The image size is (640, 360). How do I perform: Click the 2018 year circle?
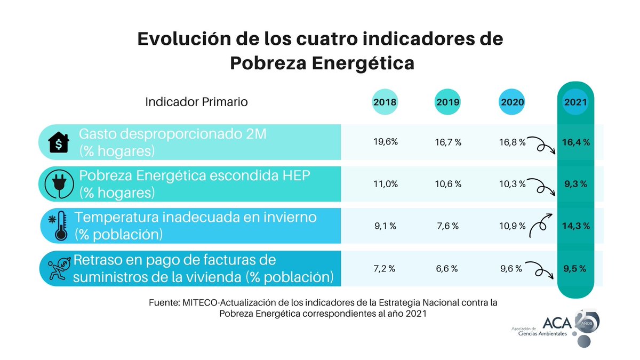[x=385, y=102]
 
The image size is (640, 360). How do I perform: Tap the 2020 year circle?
[x=512, y=102]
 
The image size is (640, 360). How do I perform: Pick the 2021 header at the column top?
[x=576, y=102]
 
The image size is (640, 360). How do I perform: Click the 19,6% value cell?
[x=385, y=142]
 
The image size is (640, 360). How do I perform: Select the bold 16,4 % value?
[x=576, y=142]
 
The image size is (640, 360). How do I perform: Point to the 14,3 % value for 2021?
[x=576, y=226]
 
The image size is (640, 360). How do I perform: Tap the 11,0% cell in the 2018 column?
[x=385, y=184]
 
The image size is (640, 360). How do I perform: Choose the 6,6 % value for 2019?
[x=447, y=269]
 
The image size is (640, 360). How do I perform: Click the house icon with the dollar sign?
[x=59, y=143]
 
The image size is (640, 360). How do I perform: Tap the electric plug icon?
[x=59, y=184]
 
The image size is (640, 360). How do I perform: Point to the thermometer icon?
[x=59, y=226]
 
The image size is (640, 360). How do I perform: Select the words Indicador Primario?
[x=196, y=102]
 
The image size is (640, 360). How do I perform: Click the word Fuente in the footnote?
[x=164, y=302]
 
